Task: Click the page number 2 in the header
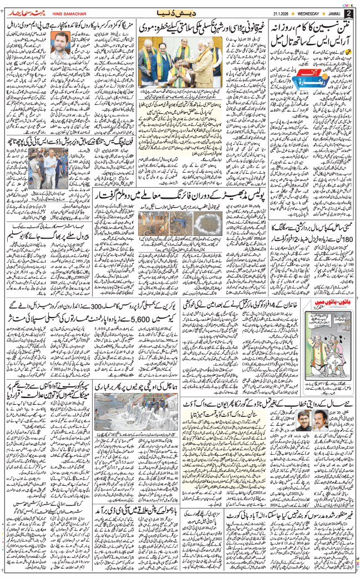pyautogui.click(x=348, y=13)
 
